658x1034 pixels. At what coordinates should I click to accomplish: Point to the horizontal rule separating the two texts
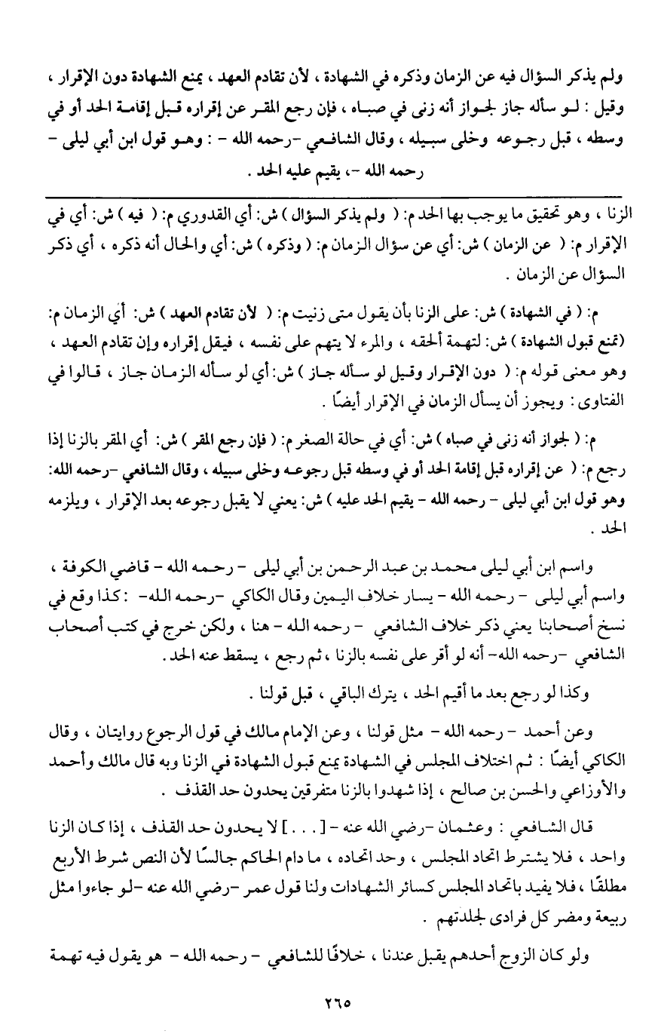click(x=332, y=198)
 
